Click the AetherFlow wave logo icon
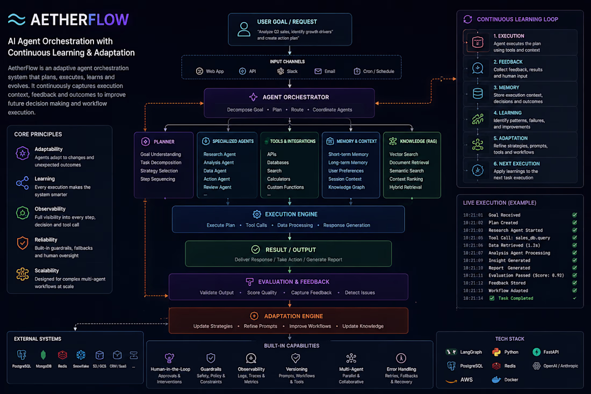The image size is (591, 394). (x=17, y=19)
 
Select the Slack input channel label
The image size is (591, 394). (x=292, y=71)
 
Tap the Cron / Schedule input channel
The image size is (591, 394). (x=374, y=71)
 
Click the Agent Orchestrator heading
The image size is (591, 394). (x=295, y=97)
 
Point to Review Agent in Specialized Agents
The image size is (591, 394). (x=218, y=187)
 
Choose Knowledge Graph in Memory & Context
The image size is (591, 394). (x=347, y=187)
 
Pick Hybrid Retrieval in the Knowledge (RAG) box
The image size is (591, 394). (x=406, y=187)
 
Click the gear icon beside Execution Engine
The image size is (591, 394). (x=257, y=214)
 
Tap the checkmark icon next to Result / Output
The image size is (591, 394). (x=256, y=249)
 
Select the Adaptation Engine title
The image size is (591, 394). (x=293, y=316)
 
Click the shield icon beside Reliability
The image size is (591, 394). (x=23, y=243)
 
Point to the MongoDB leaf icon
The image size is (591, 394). (x=43, y=355)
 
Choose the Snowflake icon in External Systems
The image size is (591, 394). (x=81, y=355)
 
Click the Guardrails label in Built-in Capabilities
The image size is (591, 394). (x=211, y=369)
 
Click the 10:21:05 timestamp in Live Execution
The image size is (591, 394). (x=473, y=238)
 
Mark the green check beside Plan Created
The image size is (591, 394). (x=574, y=223)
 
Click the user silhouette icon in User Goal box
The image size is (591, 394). (x=244, y=29)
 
